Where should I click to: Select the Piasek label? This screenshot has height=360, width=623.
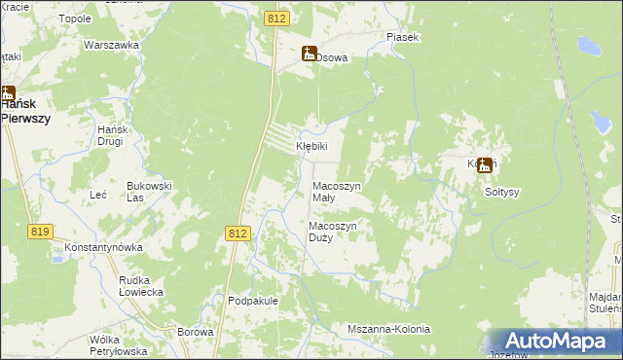pos(402,37)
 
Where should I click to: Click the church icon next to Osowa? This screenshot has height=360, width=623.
pos(309,54)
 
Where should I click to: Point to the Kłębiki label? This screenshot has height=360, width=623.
pos(312,146)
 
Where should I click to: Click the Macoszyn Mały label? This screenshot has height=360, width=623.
pos(337,191)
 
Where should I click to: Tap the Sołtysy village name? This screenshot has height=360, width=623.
pos(502,191)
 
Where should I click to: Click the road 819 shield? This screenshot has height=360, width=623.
pos(40,231)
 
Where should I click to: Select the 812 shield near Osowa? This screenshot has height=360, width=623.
pos(275,18)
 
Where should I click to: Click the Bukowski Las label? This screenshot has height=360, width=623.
pos(149,191)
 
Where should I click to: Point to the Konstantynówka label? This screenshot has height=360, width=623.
pos(104,247)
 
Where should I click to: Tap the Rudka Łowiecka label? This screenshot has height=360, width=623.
pos(140,286)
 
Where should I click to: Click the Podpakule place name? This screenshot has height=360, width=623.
pos(253,301)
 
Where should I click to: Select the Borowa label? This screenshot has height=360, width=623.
pos(196,332)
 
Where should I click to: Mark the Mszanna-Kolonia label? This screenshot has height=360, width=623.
pos(388,329)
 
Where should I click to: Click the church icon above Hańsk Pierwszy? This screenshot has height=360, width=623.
pos(8,94)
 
